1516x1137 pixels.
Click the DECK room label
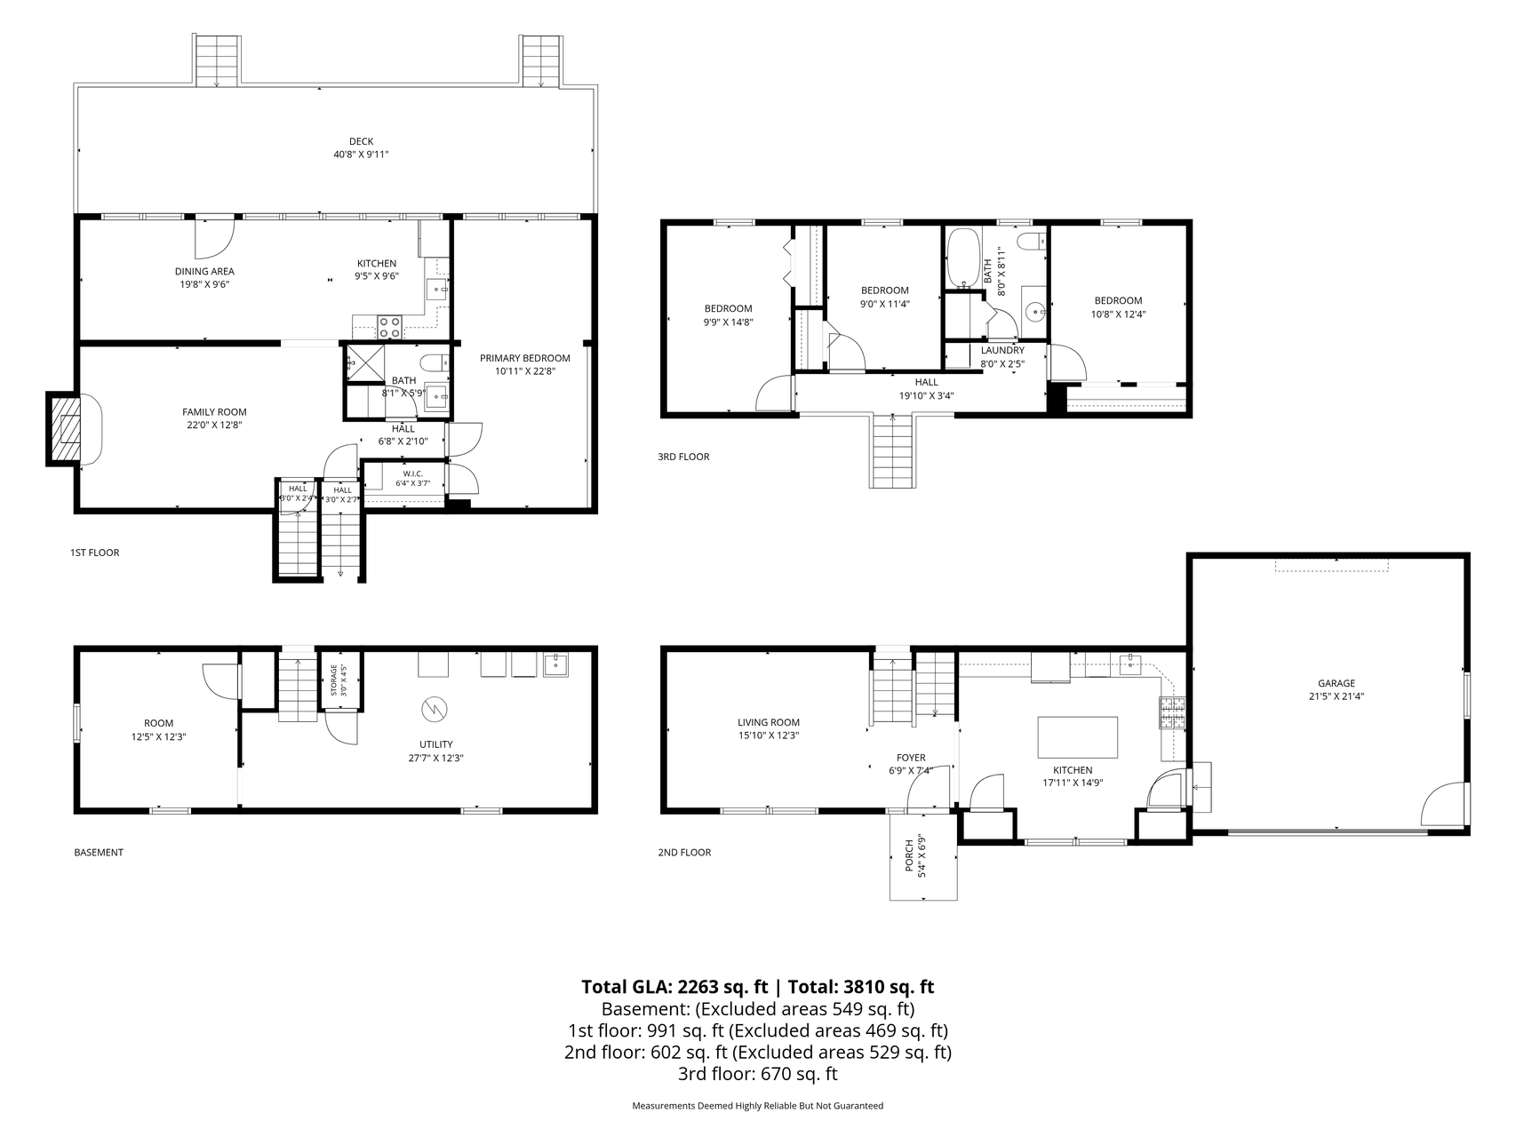[361, 141]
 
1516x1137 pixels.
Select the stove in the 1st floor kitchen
[390, 327]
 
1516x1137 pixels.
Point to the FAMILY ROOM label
[214, 412]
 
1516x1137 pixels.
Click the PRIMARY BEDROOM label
[525, 358]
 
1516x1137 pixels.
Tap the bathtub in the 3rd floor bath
[963, 258]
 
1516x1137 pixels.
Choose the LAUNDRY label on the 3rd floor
[1002, 351]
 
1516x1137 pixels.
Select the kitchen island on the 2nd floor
[1078, 736]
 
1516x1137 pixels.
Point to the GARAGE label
[1336, 683]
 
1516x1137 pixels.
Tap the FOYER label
[911, 758]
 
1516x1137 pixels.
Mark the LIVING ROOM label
[769, 722]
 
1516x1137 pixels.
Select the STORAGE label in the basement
[334, 680]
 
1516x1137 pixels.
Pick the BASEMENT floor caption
[99, 853]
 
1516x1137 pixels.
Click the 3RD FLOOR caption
[683, 457]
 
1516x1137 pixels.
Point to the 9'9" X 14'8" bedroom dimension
[729, 322]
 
